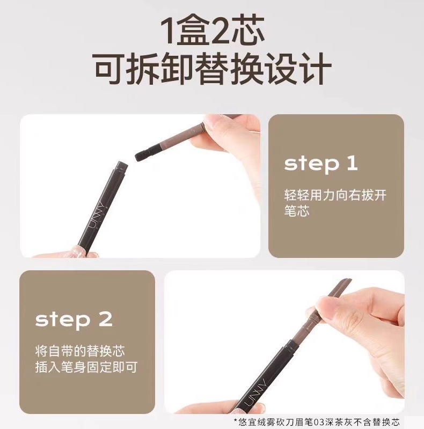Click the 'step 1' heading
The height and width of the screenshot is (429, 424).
tap(321, 164)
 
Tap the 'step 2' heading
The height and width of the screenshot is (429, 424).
tap(74, 320)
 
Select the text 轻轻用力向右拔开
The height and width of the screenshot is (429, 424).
tap(335, 195)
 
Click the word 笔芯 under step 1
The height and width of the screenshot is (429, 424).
tap(297, 211)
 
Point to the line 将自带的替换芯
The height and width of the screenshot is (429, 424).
tap(80, 351)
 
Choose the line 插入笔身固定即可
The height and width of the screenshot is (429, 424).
tap(86, 367)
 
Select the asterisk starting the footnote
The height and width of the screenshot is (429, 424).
tap(236, 421)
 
